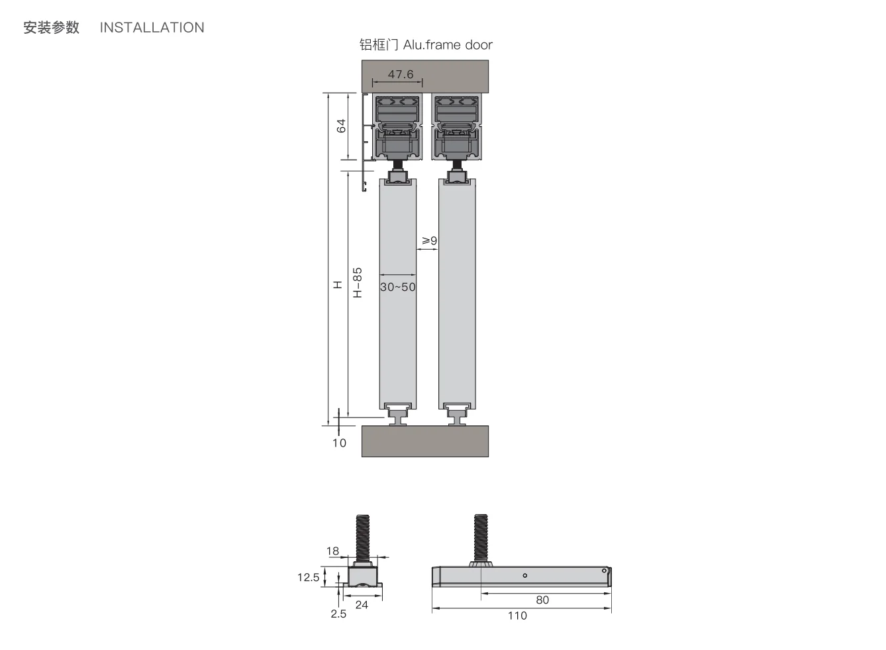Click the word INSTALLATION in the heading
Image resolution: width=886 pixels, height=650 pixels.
coord(152,27)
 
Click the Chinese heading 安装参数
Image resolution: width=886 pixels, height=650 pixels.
coord(51,27)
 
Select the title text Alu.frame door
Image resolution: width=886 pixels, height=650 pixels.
coord(448,44)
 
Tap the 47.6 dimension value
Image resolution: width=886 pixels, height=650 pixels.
coord(400,74)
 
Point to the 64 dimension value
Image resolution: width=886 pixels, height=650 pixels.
coord(341,125)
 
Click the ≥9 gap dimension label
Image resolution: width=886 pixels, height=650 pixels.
coord(430,241)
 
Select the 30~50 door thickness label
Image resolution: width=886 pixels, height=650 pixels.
coord(397,287)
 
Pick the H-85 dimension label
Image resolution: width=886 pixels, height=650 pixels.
coord(357,282)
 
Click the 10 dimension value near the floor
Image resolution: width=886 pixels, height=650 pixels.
coord(339,443)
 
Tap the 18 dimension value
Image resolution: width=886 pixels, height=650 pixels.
coord(332,551)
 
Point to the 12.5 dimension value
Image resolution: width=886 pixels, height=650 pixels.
coord(308,577)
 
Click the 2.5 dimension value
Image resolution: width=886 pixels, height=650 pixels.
coord(338,614)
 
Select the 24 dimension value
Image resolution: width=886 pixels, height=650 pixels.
coord(362,604)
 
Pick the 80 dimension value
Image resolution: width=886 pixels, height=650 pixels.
coord(542,600)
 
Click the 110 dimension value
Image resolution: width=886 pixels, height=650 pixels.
coord(517,616)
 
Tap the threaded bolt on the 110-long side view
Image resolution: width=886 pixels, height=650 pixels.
coord(481,537)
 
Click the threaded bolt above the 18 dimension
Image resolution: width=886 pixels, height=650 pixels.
coord(362,537)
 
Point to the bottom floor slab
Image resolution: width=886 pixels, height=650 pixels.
coord(424,441)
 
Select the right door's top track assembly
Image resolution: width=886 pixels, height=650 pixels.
coord(456,127)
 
